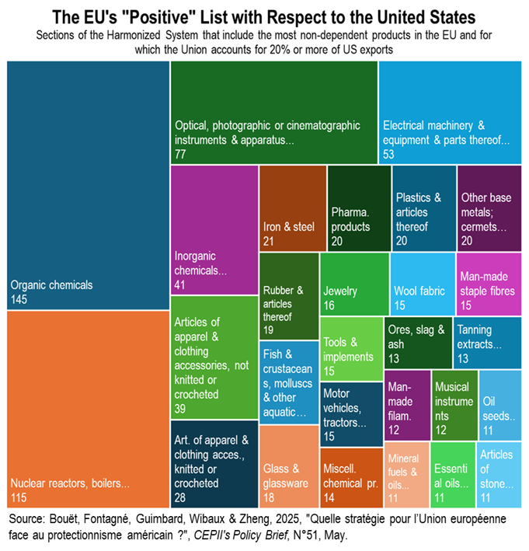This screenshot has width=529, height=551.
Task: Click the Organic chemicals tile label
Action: click(50, 284)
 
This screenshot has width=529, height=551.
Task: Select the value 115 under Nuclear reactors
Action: click(19, 497)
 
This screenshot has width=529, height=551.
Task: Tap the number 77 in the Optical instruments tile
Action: click(180, 155)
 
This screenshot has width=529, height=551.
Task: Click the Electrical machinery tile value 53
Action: click(389, 155)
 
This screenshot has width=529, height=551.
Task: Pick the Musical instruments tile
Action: click(454, 403)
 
